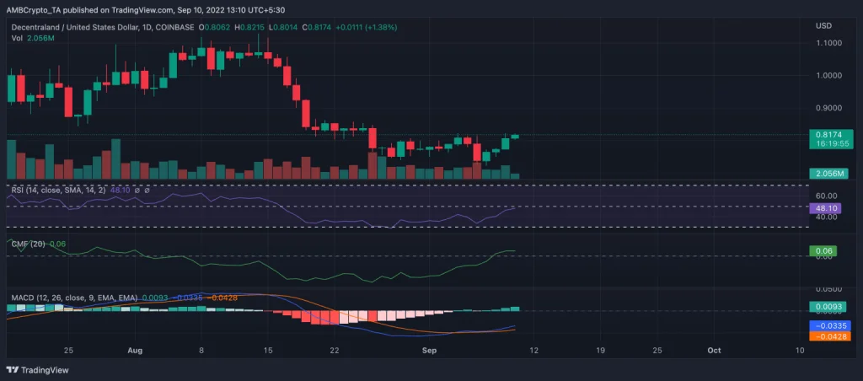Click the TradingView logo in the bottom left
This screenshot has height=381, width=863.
pyautogui.click(x=38, y=369)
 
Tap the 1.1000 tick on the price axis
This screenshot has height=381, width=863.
pyautogui.click(x=828, y=42)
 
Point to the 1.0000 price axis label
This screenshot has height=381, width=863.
pyautogui.click(x=828, y=75)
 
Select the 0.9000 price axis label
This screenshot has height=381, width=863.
pyautogui.click(x=828, y=108)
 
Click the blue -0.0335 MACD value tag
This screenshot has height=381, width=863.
pyautogui.click(x=830, y=325)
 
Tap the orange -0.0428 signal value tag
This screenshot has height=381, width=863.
pyautogui.click(x=830, y=335)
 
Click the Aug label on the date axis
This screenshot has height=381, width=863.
pyautogui.click(x=136, y=349)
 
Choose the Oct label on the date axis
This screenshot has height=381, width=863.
pyautogui.click(x=714, y=349)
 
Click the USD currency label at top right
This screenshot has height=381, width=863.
pyautogui.click(x=824, y=26)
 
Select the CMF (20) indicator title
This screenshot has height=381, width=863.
pyautogui.click(x=28, y=244)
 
